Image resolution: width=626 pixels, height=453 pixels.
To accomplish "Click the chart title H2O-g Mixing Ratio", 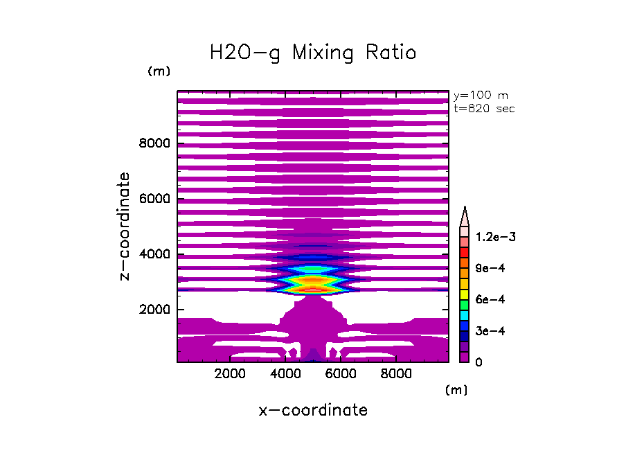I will pyautogui.click(x=313, y=53).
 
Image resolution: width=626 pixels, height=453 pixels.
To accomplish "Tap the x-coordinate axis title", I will pyautogui.click(x=313, y=410).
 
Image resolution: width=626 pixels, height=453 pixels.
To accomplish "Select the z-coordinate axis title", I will pyautogui.click(x=125, y=226).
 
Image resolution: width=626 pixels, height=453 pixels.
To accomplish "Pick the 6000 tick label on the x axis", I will pyautogui.click(x=340, y=373).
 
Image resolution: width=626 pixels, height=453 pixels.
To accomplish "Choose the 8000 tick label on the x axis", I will pyautogui.click(x=395, y=373).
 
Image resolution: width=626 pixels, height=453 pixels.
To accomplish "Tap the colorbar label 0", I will pyautogui.click(x=478, y=362).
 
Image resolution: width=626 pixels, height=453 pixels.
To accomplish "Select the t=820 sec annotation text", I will pyautogui.click(x=483, y=109).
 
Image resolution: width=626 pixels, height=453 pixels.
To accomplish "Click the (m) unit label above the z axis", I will pyautogui.click(x=159, y=72).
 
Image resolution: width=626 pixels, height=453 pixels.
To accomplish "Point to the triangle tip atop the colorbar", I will pyautogui.click(x=465, y=208).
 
